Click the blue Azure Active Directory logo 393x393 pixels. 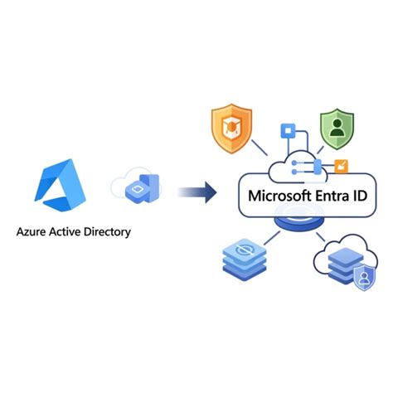coord(61,185)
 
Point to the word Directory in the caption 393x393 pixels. coord(107,232)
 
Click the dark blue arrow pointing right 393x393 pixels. coord(197,192)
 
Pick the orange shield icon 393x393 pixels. coord(231,129)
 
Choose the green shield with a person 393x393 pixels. coord(337,129)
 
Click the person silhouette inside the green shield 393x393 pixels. coord(337,128)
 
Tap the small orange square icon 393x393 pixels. coord(342,166)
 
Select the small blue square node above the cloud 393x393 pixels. coord(288,131)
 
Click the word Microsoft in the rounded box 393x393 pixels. coord(279,196)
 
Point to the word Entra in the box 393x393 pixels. coord(332,196)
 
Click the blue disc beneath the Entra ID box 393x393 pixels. coord(299,222)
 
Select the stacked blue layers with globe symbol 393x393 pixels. coord(245,260)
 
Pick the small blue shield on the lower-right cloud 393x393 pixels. coord(364,278)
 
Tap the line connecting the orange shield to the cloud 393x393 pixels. coord(260,148)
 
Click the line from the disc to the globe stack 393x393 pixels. coord(272,238)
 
